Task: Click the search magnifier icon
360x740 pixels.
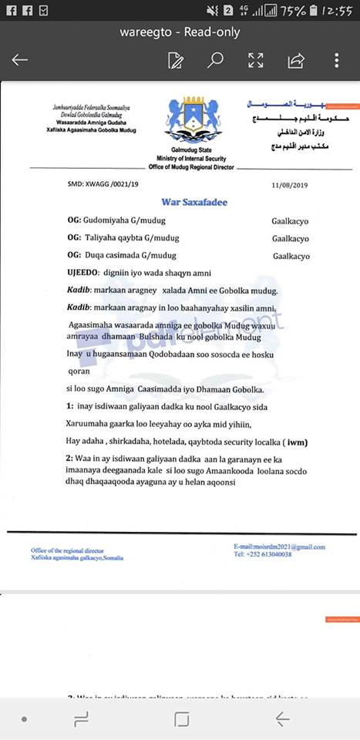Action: pyautogui.click(x=216, y=60)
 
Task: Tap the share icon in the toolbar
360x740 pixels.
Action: pyautogui.click(x=295, y=60)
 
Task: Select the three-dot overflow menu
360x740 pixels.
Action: pyautogui.click(x=337, y=60)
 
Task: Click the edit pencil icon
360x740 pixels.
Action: pyautogui.click(x=176, y=60)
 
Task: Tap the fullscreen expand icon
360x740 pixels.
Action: pyautogui.click(x=256, y=60)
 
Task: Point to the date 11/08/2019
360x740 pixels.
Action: pyautogui.click(x=289, y=185)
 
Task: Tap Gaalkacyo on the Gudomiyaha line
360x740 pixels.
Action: pyautogui.click(x=290, y=220)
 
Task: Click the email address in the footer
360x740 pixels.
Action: pyautogui.click(x=280, y=547)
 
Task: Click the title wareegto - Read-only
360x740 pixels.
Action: pyautogui.click(x=180, y=32)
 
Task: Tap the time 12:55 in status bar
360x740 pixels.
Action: pyautogui.click(x=337, y=10)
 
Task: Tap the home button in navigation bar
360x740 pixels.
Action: pyautogui.click(x=181, y=718)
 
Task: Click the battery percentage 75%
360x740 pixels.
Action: pyautogui.click(x=294, y=10)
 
